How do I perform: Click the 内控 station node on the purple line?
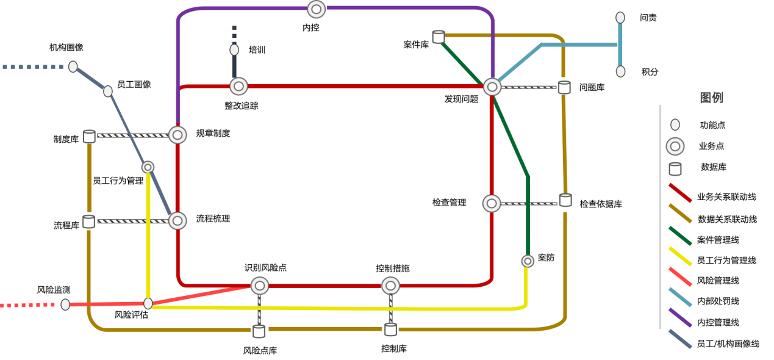point(316,9)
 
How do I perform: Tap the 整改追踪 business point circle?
point(238,86)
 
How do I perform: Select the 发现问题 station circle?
point(492,87)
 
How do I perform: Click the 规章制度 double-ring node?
point(177,135)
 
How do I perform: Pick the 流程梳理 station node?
point(177,221)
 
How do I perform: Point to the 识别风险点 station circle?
point(259,286)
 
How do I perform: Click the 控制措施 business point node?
point(390,286)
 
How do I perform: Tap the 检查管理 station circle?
point(492,203)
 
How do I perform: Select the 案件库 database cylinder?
point(439,37)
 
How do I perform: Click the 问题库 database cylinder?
point(564,87)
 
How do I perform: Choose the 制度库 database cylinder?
point(89,137)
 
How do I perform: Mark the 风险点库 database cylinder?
point(259,331)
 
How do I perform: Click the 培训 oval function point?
point(234,50)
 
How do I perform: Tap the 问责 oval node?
point(620,17)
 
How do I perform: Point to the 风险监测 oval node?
point(65,304)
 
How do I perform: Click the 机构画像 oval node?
point(73,67)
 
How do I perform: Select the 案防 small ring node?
point(528,261)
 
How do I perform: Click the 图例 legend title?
point(711,98)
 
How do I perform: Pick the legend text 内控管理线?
point(718,322)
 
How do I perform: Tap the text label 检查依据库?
point(601,204)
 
